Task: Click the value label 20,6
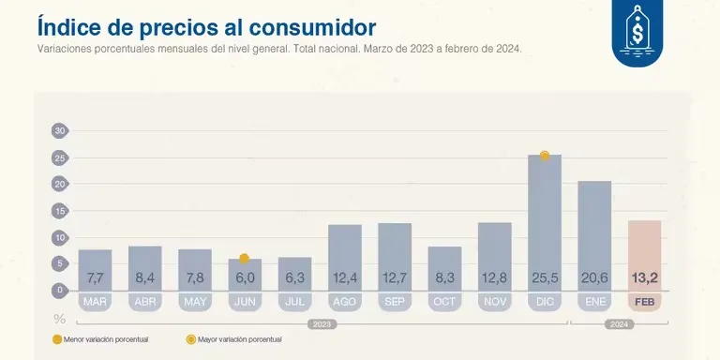click(x=594, y=277)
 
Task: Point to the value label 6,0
click(x=245, y=277)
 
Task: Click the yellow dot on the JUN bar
click(x=244, y=259)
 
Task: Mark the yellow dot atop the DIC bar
click(x=545, y=156)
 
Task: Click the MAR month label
click(x=95, y=302)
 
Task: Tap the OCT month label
click(x=444, y=302)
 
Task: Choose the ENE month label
click(x=594, y=302)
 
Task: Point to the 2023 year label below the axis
click(x=322, y=323)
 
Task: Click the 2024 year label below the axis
click(x=619, y=323)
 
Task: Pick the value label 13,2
click(x=644, y=277)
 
